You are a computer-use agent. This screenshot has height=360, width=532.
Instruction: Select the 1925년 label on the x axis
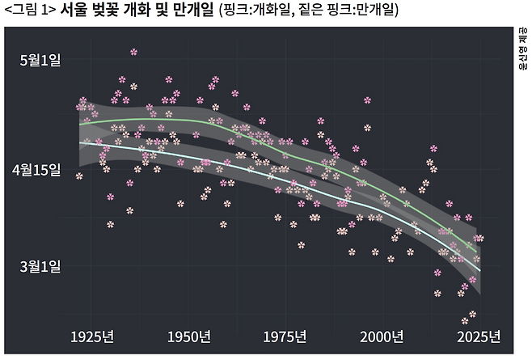[91, 336]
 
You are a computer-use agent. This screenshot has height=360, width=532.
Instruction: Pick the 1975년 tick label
[285, 336]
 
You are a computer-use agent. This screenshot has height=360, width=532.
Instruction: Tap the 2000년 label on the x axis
[382, 336]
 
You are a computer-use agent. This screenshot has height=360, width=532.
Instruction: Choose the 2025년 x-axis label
[479, 336]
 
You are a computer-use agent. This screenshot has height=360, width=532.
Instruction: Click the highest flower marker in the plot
[133, 52]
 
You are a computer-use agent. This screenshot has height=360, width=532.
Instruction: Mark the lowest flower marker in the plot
[465, 321]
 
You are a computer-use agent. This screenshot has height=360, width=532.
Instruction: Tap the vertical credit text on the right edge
[523, 49]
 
